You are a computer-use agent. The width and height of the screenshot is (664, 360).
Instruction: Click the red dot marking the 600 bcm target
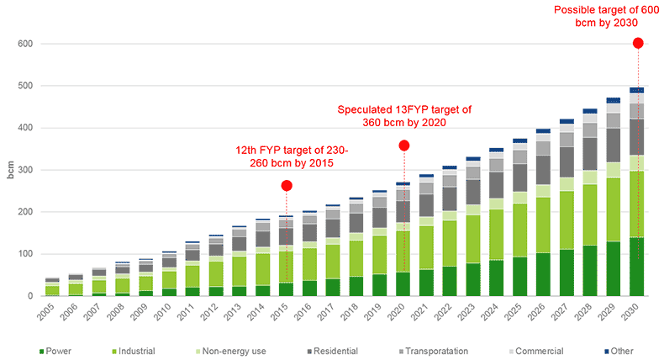[x=637, y=43]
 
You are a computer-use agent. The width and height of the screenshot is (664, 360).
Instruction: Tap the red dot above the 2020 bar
[x=403, y=146]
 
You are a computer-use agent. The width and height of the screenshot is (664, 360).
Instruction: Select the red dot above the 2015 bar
[x=287, y=185]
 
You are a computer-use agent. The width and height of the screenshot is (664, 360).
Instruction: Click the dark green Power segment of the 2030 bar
[x=637, y=266]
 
